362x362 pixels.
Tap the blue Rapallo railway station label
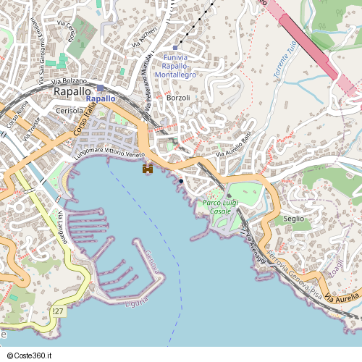(x=101, y=98)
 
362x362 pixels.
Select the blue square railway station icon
(x=100, y=88)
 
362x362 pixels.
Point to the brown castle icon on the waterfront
(x=148, y=168)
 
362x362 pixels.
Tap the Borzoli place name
(x=178, y=98)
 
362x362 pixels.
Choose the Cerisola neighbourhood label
(x=70, y=111)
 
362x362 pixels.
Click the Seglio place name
(x=294, y=218)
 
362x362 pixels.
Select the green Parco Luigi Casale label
(x=222, y=206)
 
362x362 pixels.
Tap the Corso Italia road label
(x=84, y=122)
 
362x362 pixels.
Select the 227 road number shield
(x=58, y=310)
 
